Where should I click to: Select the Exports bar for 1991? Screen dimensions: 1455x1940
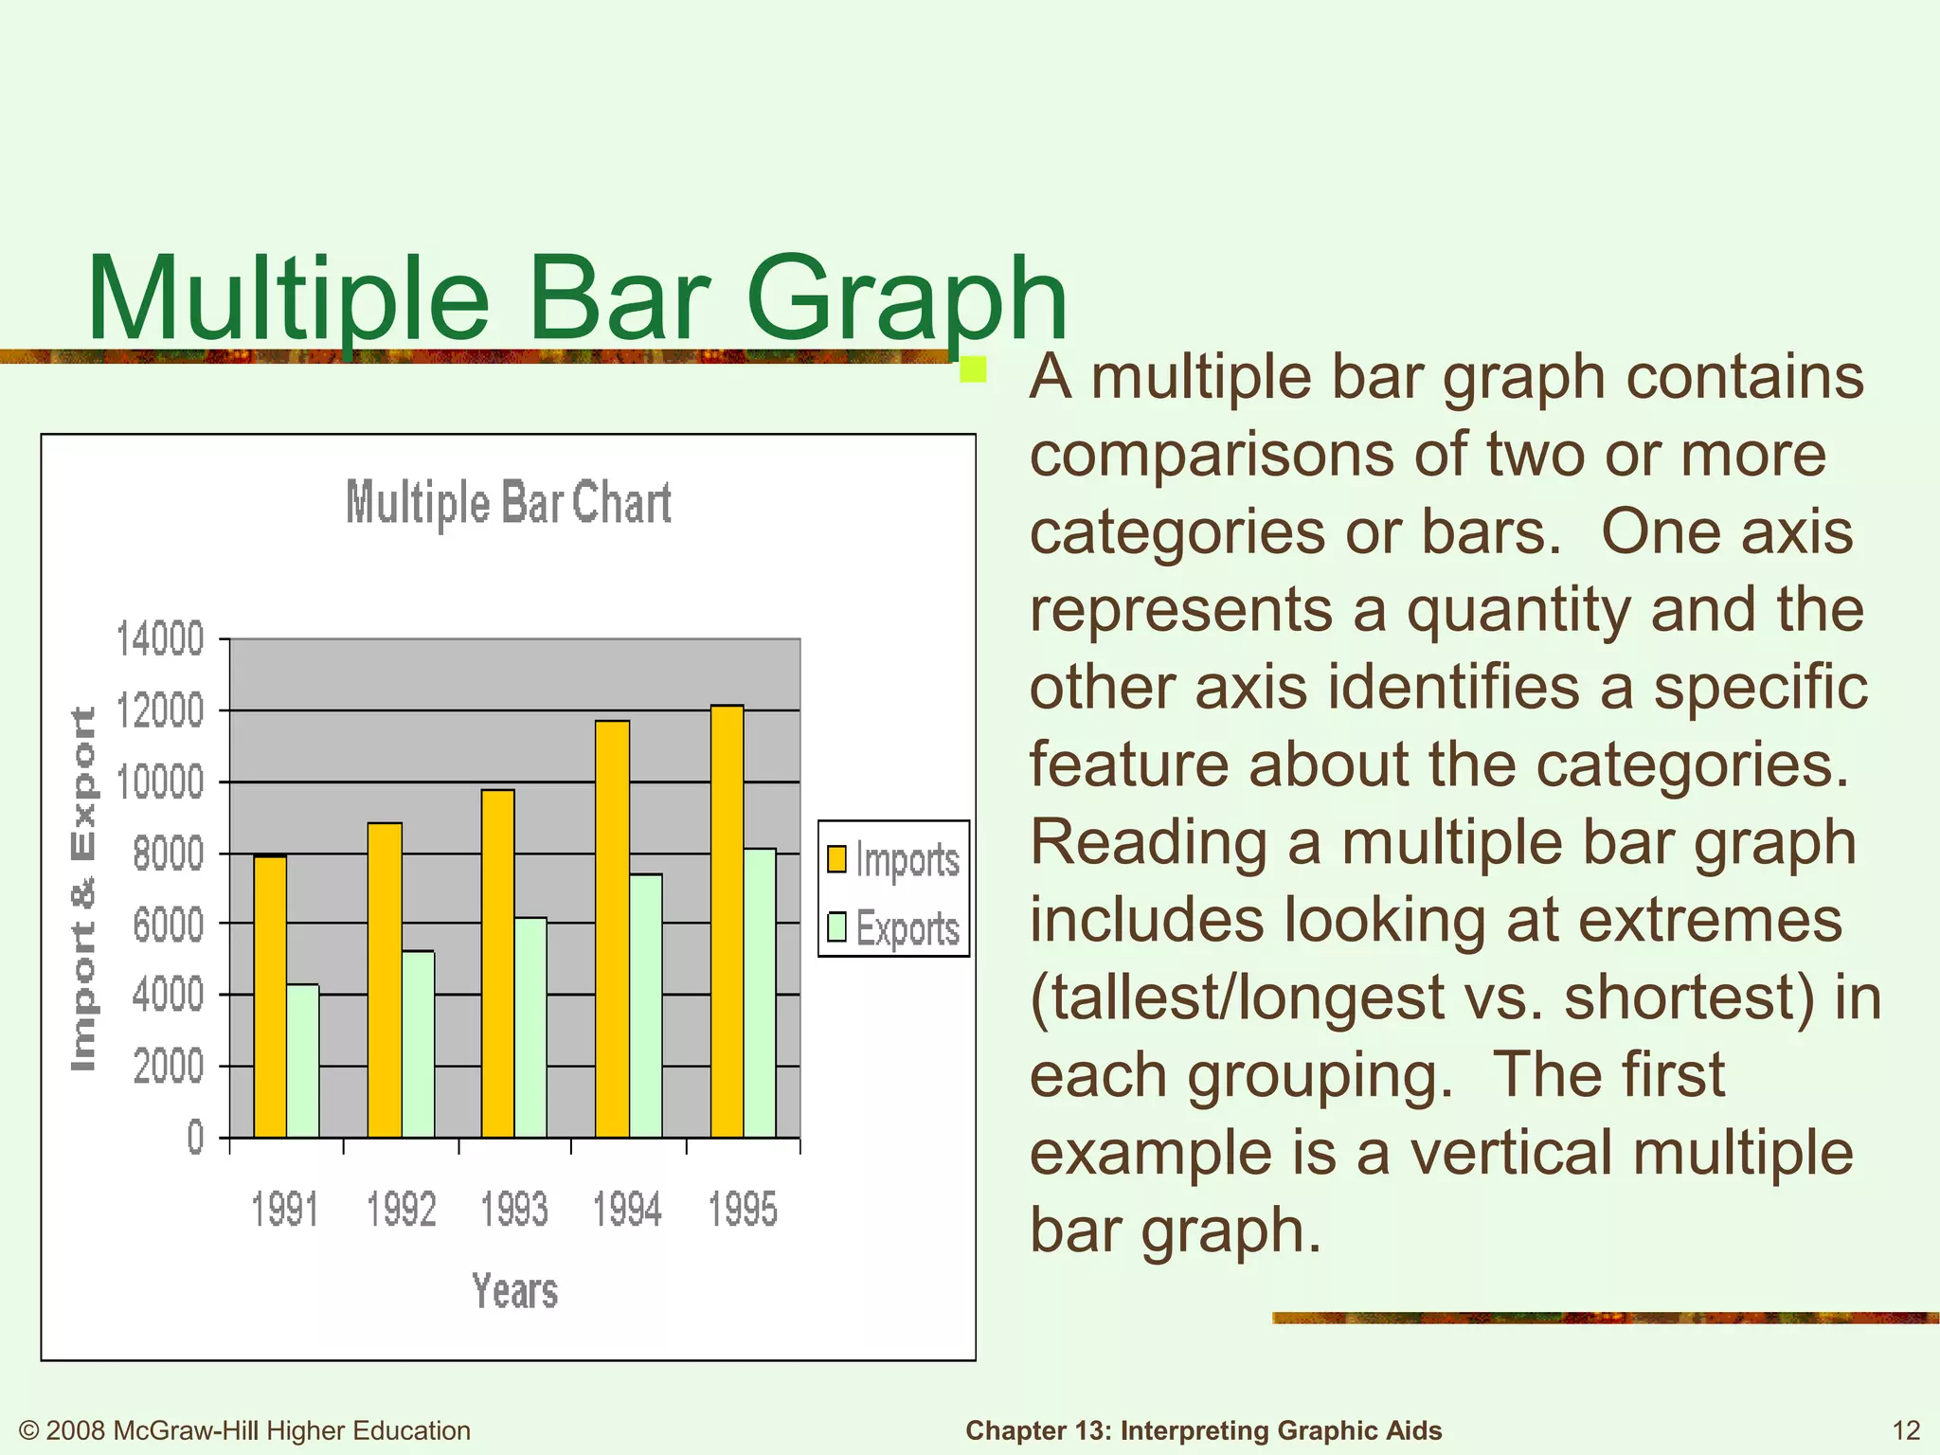pyautogui.click(x=303, y=1061)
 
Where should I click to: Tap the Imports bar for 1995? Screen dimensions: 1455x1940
pyautogui.click(x=727, y=921)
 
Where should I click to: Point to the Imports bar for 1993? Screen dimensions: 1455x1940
pyautogui.click(x=498, y=962)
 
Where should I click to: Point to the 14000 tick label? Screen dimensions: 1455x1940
pyautogui.click(x=159, y=639)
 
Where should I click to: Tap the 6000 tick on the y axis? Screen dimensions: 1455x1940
pyautogui.click(x=169, y=925)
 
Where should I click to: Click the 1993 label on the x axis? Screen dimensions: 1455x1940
pyautogui.click(x=514, y=1210)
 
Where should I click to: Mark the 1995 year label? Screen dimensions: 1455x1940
pyautogui.click(x=744, y=1210)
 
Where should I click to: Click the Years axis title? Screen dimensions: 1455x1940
pyautogui.click(x=515, y=1291)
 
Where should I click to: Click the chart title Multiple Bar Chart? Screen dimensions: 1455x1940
pyautogui.click(x=509, y=502)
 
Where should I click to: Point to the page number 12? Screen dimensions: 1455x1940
pyautogui.click(x=1906, y=1430)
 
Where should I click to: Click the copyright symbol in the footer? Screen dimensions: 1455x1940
pyautogui.click(x=29, y=1430)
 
